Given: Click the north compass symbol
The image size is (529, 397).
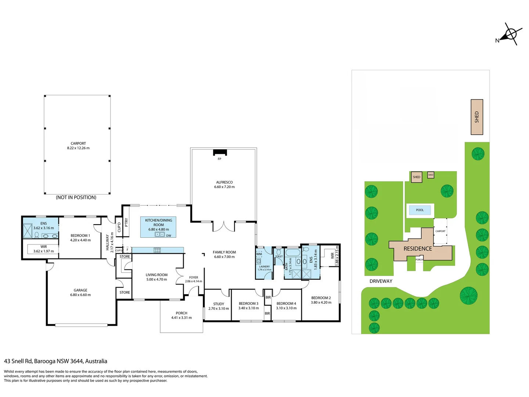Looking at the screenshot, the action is tap(510, 34).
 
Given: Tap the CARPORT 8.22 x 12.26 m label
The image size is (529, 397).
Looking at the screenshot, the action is tap(78, 146).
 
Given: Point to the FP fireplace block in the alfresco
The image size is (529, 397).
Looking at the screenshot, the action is tap(220, 152).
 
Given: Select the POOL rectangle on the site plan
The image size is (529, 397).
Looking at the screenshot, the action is tap(420, 210).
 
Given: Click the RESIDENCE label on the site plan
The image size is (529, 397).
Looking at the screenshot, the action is tap(417, 248).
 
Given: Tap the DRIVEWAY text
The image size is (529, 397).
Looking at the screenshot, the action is tap(381, 281).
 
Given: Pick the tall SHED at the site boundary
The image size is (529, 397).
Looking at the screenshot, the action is tap(476, 117).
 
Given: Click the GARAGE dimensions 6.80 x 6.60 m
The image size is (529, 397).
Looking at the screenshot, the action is tap(80, 295).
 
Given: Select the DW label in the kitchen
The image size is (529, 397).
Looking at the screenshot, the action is tap(169, 236).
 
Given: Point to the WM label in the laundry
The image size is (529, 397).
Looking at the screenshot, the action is tap(259, 254).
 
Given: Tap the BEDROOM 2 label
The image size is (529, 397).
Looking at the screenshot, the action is tap(321, 298).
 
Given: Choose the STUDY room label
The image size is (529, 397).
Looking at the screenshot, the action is tap(218, 304).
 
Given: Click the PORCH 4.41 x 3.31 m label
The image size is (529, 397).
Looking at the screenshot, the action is tap(181, 315).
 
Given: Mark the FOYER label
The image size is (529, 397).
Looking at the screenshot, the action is tap(193, 278).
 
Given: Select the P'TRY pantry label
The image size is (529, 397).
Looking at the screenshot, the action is tap(126, 222).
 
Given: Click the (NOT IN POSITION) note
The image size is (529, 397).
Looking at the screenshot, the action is tap(76, 197).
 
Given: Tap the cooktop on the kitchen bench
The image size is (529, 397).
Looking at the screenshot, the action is tap(157, 250).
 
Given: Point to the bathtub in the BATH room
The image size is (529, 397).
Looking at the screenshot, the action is tap(292, 253).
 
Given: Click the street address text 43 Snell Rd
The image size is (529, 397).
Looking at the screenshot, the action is tap(18, 361).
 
